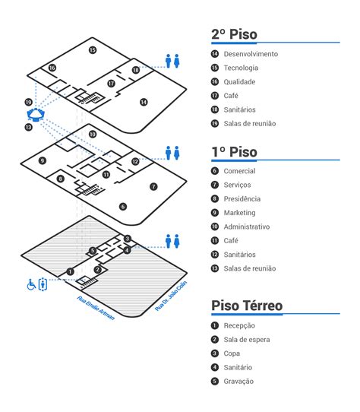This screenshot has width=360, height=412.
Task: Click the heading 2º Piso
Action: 234,34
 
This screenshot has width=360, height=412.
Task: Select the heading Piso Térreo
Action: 247,306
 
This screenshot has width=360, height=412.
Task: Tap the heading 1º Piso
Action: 234,151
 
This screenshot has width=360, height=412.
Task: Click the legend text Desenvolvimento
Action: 251,54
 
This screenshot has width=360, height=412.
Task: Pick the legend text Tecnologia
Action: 241,68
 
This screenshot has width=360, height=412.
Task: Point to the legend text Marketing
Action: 239,213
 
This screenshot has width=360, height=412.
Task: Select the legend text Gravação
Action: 239,381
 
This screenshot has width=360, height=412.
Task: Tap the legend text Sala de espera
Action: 247,340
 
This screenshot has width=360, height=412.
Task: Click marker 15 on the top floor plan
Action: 93,50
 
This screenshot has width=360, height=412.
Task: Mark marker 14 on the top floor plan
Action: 144,102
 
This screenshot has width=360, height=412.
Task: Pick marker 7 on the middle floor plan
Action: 153,186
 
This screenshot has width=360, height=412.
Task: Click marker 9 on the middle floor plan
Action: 43,160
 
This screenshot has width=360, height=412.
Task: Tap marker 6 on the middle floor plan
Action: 123,206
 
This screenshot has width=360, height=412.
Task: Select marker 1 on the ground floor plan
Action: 69,271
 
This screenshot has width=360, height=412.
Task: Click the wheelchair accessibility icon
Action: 32,285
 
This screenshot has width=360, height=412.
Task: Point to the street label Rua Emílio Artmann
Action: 96,307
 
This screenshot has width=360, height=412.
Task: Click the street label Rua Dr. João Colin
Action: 170,296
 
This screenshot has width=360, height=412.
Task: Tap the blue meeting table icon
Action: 35,115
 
